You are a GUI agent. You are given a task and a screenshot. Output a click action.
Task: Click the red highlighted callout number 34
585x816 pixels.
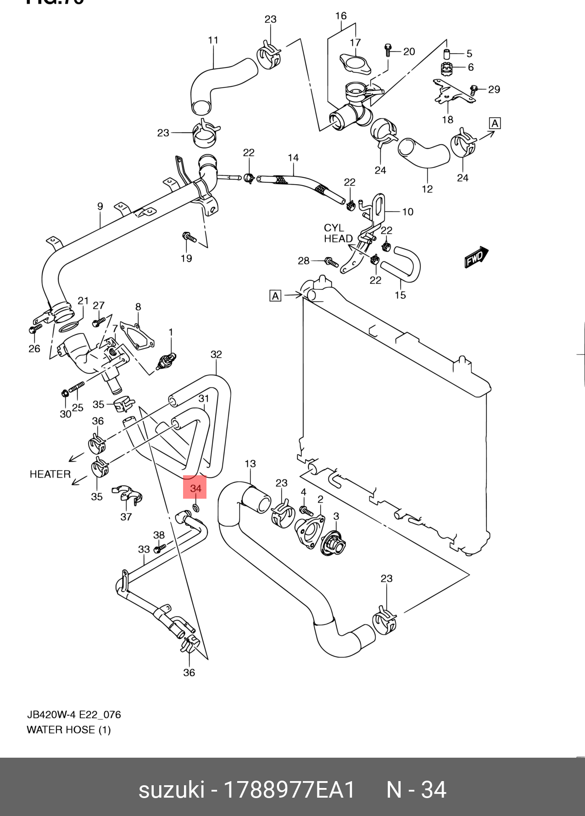point(195,488)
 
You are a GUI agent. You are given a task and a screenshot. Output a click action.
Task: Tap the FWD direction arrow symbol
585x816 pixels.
point(476,257)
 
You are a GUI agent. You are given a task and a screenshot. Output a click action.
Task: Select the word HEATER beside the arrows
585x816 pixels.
point(50,474)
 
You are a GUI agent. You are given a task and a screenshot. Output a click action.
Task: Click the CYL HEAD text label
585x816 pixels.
point(338,233)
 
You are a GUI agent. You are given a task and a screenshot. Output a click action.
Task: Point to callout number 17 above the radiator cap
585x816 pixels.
point(355,42)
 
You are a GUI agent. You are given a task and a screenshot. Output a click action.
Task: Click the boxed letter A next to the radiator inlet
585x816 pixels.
point(275,296)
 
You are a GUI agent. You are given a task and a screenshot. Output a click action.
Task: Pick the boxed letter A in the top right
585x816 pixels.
point(495,123)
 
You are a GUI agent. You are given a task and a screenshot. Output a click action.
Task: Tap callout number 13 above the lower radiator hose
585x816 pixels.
point(250,464)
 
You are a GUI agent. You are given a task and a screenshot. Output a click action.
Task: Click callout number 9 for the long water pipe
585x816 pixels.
point(100,207)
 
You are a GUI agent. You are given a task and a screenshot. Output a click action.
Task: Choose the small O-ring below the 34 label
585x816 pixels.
point(195,508)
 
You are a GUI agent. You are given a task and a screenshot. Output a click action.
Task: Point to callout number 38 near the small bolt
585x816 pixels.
point(159,535)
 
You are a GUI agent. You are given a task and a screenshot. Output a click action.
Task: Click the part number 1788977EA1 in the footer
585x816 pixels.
point(290,790)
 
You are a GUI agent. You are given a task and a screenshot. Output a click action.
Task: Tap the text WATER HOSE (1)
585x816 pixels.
point(69,730)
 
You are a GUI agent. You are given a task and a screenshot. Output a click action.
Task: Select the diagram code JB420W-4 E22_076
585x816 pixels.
point(74,715)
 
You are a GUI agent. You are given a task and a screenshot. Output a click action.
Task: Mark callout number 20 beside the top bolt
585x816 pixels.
point(409,51)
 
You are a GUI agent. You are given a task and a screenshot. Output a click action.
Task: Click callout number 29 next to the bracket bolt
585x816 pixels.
point(494,89)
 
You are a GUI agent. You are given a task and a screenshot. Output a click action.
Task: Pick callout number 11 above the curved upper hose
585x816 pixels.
point(213,40)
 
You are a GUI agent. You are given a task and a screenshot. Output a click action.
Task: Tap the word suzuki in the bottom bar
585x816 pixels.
point(171,790)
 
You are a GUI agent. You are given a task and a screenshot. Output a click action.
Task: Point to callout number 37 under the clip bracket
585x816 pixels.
point(126,517)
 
